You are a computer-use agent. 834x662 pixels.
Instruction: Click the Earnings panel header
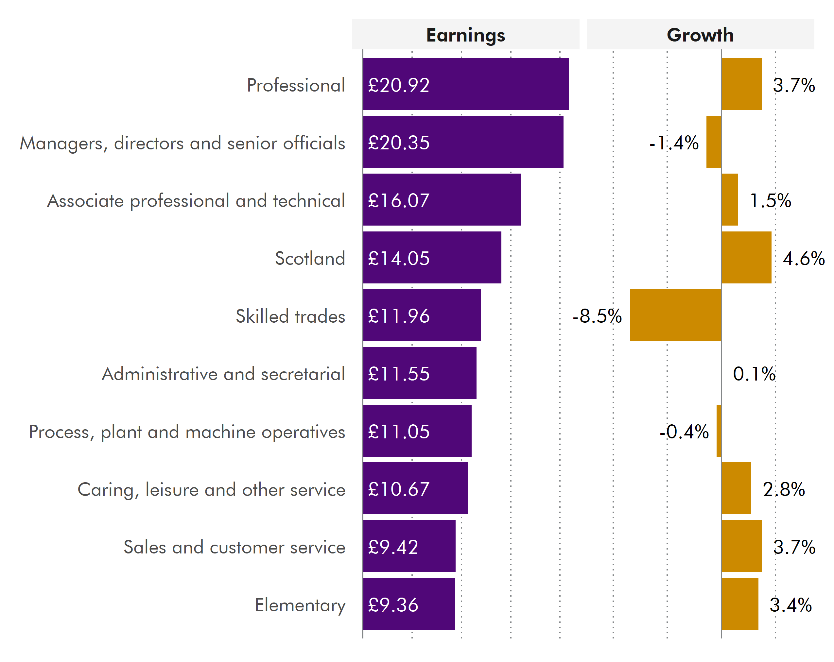[465, 35]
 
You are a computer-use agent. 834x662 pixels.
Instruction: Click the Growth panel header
[700, 35]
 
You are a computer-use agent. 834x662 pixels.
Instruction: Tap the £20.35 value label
[399, 143]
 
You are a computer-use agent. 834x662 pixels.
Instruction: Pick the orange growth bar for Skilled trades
[675, 315]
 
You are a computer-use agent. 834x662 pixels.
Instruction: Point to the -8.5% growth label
[597, 316]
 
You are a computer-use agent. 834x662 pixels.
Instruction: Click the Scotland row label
[310, 258]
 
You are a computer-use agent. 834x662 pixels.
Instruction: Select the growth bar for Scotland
[747, 258]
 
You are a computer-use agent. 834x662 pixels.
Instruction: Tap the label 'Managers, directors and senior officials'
[182, 143]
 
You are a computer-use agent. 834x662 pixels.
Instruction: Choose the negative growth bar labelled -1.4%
[714, 142]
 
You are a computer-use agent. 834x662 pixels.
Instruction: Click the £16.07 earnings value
[399, 200]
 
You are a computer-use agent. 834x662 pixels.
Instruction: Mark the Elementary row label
[300, 605]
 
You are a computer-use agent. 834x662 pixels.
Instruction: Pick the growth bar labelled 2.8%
[737, 488]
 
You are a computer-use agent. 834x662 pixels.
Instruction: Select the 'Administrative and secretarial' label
[223, 374]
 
